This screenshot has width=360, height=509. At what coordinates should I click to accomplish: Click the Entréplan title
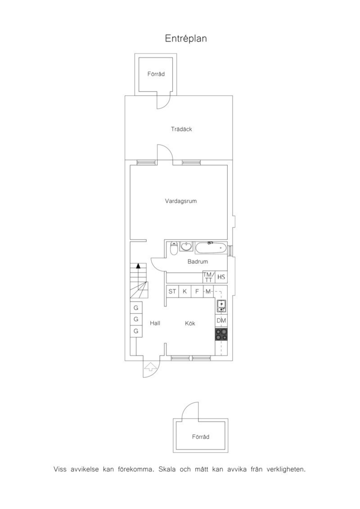click(186, 38)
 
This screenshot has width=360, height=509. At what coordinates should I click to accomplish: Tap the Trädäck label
click(181, 129)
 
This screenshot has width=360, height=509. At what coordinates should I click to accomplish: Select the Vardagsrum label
click(181, 201)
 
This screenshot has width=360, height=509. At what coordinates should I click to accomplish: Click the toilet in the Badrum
click(174, 248)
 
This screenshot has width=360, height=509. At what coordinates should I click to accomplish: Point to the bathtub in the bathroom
click(211, 248)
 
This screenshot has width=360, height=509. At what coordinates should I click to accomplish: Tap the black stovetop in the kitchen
click(221, 334)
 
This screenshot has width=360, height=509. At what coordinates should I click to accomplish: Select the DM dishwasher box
click(221, 320)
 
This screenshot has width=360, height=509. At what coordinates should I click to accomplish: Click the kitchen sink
click(221, 306)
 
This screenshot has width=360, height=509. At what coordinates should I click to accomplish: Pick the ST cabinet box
click(172, 291)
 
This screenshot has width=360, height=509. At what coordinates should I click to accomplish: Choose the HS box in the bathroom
click(221, 277)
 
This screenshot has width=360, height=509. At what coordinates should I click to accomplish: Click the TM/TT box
click(208, 277)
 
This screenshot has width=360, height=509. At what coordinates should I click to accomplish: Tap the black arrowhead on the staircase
click(138, 266)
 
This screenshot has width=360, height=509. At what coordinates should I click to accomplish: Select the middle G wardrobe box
click(136, 319)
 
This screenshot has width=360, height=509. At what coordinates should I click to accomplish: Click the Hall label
click(155, 323)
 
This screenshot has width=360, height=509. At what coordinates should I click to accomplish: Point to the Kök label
click(190, 323)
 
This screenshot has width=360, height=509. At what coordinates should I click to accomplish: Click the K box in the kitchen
click(185, 291)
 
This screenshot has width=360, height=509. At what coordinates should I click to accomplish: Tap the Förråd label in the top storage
click(156, 74)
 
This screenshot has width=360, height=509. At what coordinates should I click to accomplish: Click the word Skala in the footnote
click(167, 469)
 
